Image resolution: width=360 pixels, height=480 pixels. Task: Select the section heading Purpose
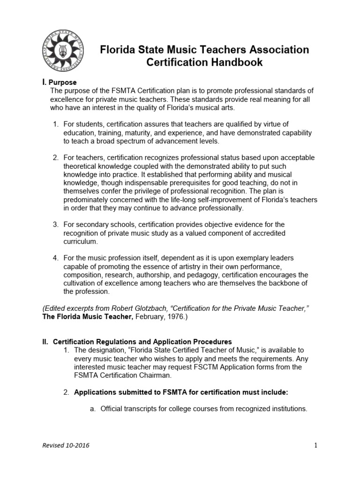[x=62, y=82]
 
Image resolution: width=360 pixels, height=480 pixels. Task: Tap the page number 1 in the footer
[x=316, y=445]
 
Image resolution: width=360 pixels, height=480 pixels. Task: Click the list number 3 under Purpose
[x=55, y=225]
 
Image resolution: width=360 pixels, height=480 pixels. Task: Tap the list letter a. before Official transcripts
[x=92, y=409]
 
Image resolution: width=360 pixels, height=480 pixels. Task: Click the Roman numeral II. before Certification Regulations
[x=45, y=342]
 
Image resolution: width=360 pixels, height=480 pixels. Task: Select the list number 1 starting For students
[x=55, y=124]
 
